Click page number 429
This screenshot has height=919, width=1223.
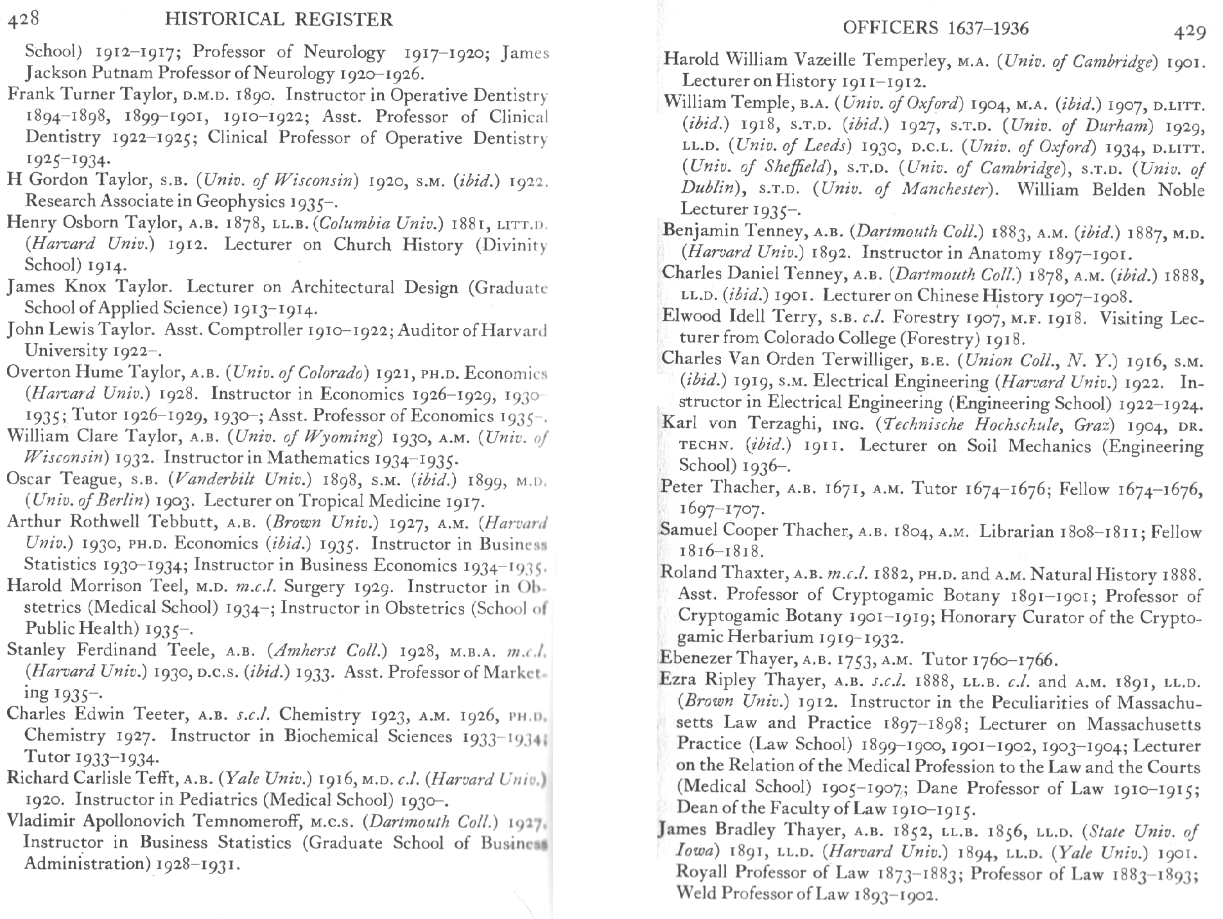(1189, 31)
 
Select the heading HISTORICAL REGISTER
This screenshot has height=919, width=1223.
(279, 20)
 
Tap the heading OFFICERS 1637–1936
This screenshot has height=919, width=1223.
(935, 28)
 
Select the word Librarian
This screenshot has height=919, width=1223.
(1016, 531)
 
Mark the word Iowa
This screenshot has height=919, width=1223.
(693, 851)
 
